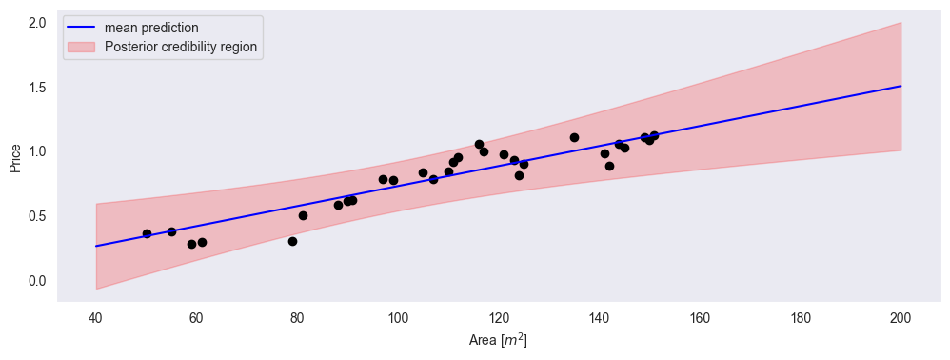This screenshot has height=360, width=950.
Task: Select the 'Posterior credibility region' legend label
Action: click(181, 46)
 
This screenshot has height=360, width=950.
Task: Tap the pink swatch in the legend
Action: click(81, 46)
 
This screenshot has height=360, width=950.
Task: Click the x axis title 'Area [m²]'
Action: click(498, 340)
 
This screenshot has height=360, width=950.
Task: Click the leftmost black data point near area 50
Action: click(147, 233)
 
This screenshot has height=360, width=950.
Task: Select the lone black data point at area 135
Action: click(574, 137)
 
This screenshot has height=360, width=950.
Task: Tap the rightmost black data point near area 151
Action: click(654, 135)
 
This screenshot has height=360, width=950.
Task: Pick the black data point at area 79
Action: click(292, 241)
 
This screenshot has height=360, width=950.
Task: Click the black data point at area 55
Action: click(171, 231)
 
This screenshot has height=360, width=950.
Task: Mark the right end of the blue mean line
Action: click(901, 86)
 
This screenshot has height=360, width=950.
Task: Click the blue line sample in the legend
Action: click(81, 27)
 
